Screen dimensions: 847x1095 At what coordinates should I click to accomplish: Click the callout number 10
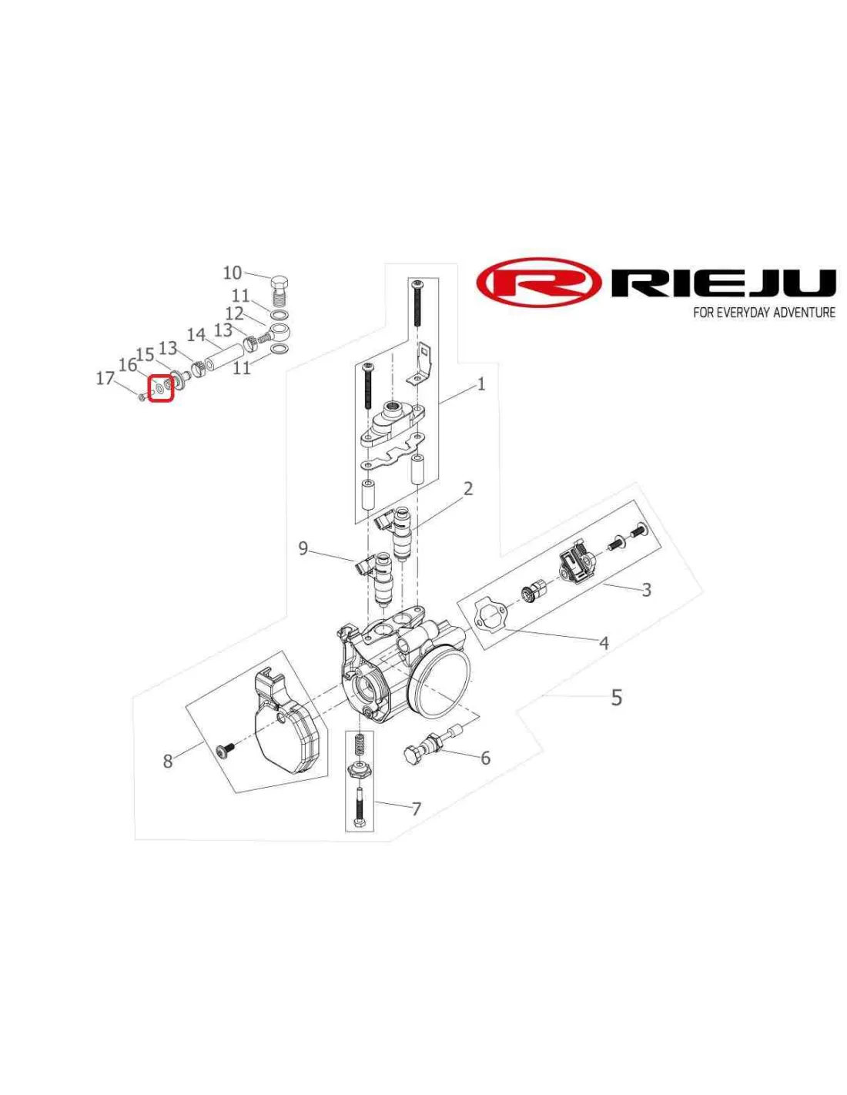(x=233, y=273)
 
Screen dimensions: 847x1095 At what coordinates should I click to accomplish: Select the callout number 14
(x=196, y=334)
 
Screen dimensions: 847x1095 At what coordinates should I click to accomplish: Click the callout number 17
(x=105, y=378)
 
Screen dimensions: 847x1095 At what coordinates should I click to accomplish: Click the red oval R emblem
(x=538, y=283)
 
